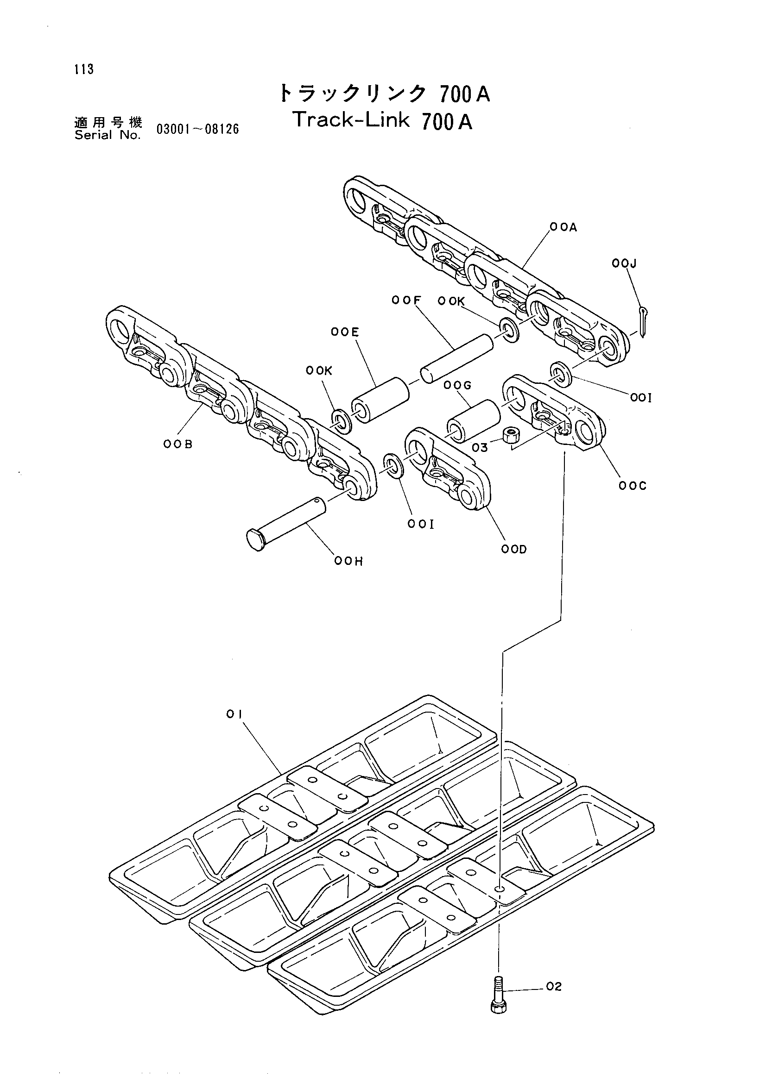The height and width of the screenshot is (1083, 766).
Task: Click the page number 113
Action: click(84, 69)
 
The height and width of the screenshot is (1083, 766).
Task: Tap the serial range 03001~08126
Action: click(198, 129)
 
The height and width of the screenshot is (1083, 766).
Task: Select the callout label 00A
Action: click(563, 227)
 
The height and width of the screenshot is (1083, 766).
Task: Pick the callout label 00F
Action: click(406, 300)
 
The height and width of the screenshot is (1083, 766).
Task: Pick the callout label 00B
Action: click(178, 444)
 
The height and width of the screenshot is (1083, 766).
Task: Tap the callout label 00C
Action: click(633, 486)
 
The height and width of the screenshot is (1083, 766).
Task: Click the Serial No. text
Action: click(108, 135)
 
